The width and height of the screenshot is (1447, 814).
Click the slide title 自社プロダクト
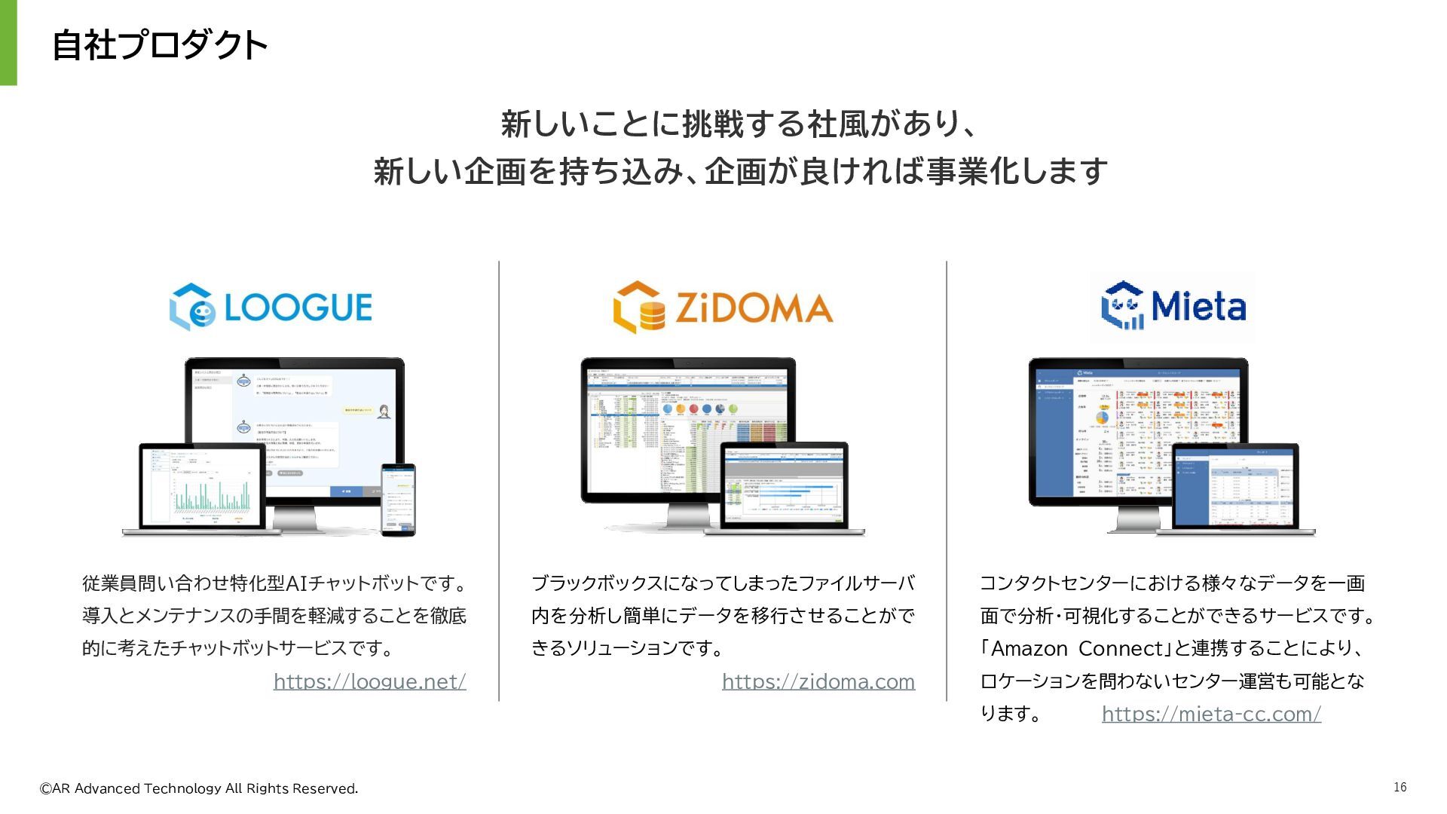click(159, 45)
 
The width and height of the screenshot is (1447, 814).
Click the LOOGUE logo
click(271, 307)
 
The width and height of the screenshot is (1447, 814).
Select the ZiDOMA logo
click(722, 308)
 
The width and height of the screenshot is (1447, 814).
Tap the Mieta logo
click(1173, 306)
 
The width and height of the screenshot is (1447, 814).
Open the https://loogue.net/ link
click(369, 681)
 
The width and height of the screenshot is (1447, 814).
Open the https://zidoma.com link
click(818, 681)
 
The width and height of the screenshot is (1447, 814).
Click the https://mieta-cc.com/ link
click(1210, 714)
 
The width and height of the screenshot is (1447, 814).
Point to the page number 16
click(1400, 787)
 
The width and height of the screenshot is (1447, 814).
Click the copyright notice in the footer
click(199, 788)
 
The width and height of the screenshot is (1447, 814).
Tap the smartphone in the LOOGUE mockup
click(398, 499)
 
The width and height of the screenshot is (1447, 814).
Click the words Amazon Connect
click(1077, 649)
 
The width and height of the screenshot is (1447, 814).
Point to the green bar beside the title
click(8, 42)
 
